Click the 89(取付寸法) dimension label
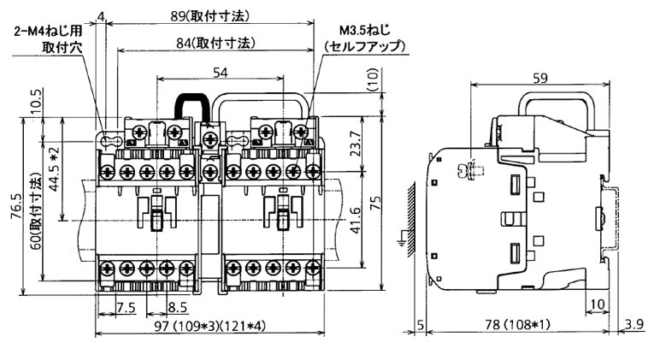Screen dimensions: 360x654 [x=209, y=15]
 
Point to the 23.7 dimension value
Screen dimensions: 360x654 [x=356, y=142]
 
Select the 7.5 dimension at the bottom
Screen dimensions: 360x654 [x=126, y=307]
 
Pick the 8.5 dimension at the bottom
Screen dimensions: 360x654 [x=177, y=307]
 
